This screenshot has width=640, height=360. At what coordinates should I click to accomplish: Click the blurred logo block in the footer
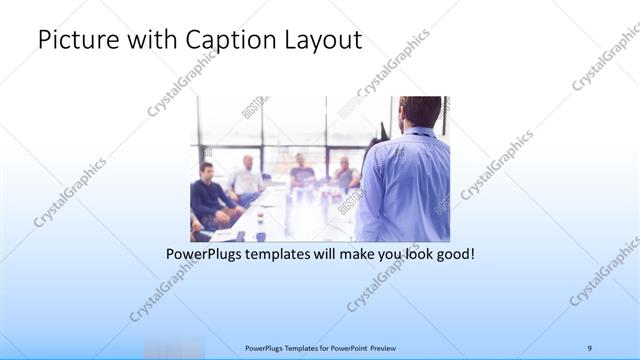click(x=173, y=347)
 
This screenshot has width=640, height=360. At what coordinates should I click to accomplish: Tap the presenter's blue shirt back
click(x=405, y=185)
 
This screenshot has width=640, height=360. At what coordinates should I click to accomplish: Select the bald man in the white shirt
click(x=247, y=177)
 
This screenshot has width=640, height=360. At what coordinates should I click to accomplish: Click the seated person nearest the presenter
click(x=345, y=175)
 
